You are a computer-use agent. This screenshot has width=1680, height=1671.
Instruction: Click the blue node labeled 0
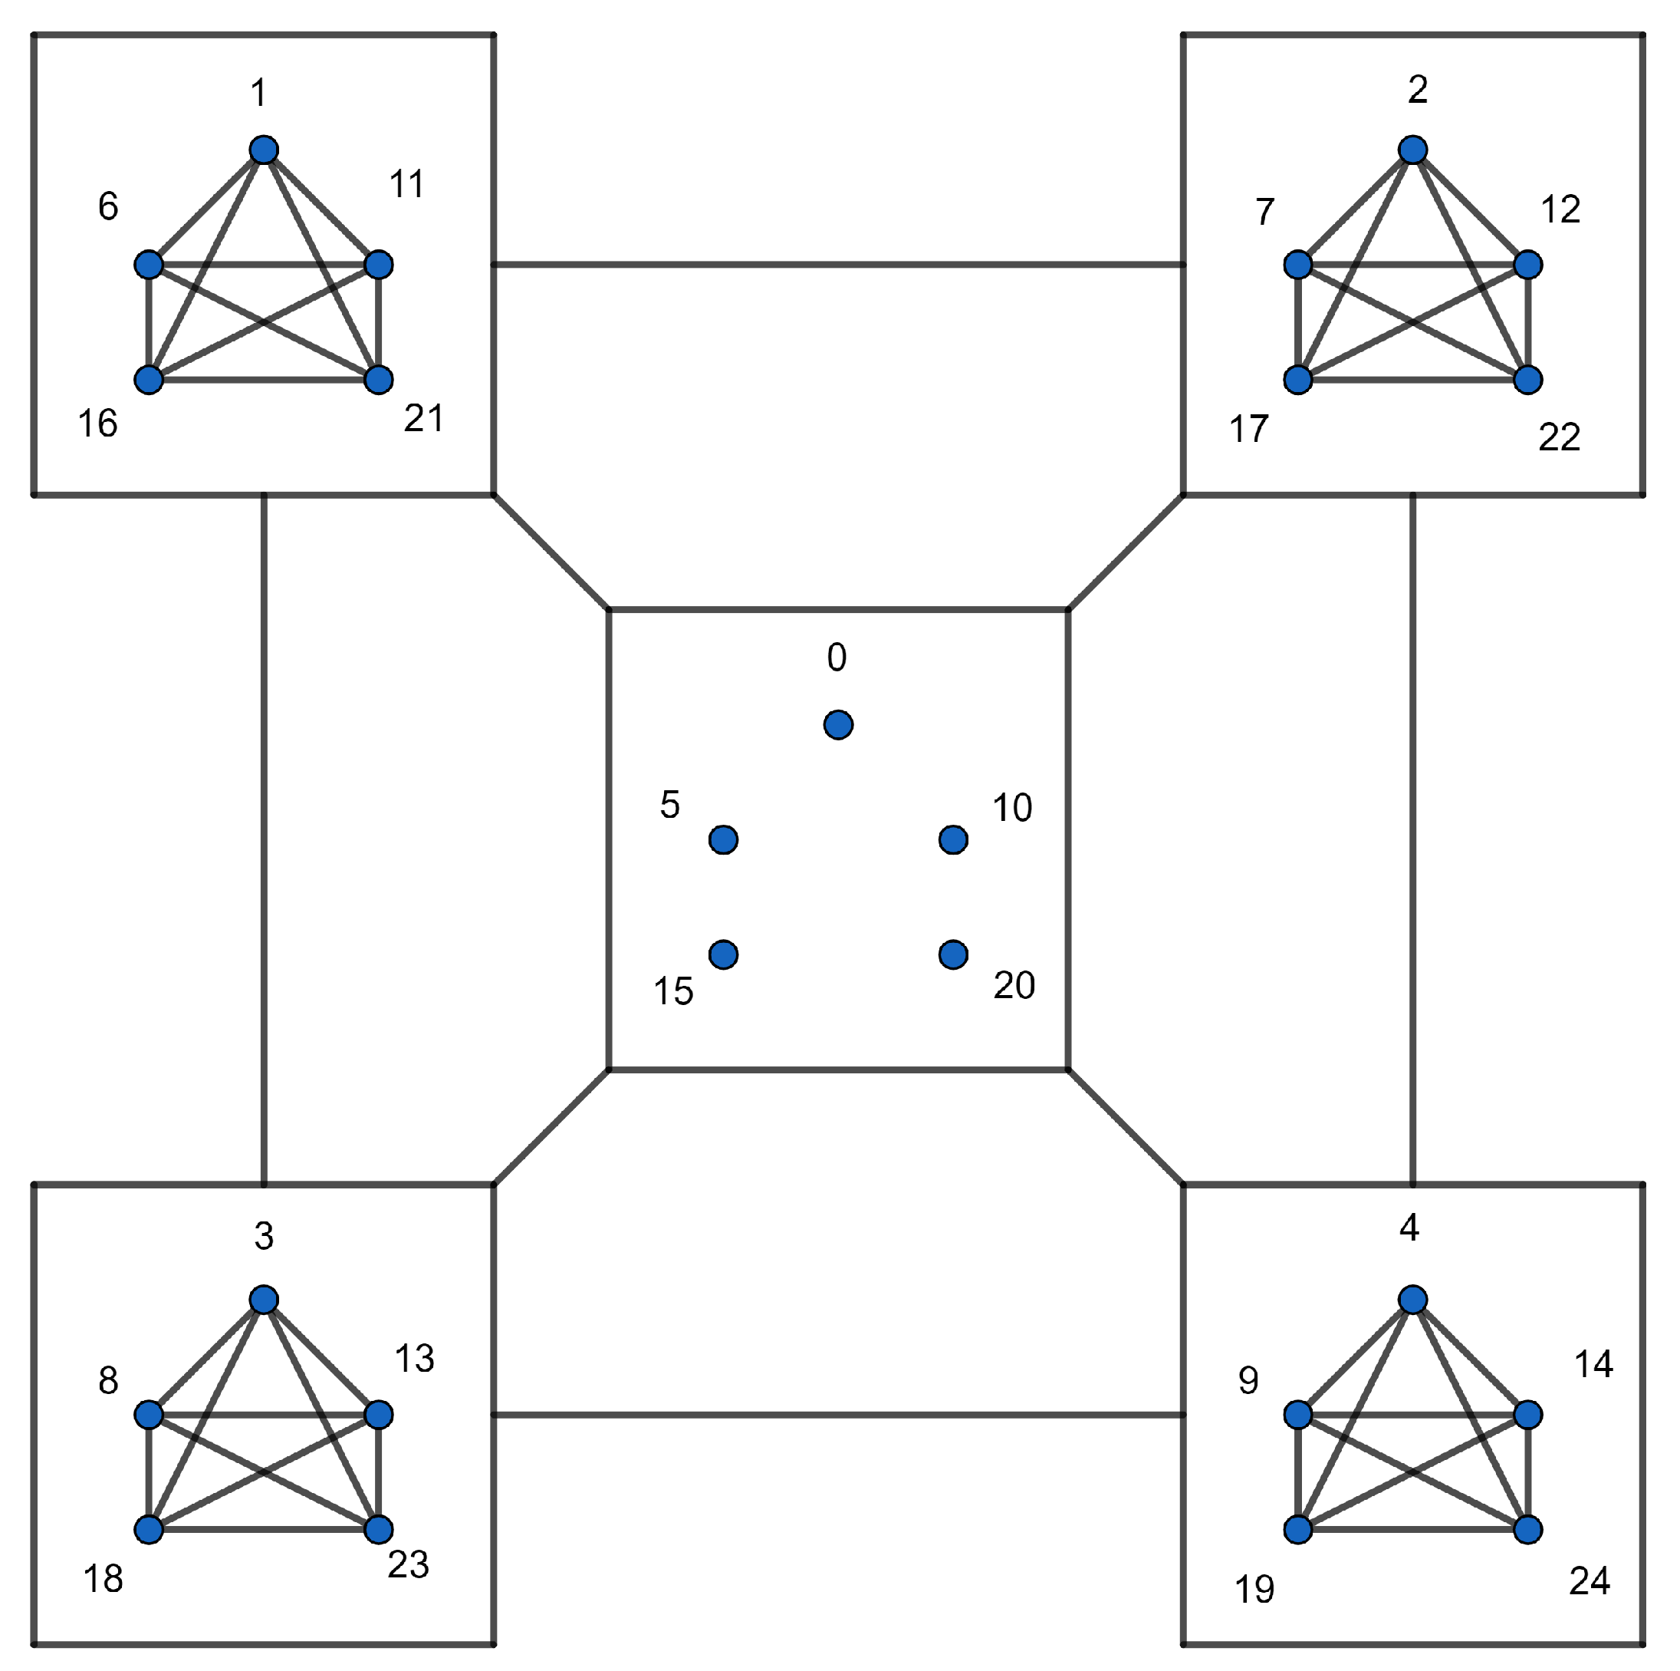coord(838,724)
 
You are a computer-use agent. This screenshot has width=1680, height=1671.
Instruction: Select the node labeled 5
coord(724,839)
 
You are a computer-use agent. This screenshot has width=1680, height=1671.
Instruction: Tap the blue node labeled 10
coord(953,839)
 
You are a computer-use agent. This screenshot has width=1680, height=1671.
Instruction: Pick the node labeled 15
coord(724,954)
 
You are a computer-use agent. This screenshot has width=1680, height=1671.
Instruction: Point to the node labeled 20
coord(953,954)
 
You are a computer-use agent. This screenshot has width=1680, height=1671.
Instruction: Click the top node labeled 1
coord(264,150)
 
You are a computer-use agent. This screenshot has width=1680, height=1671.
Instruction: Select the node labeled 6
coord(149,265)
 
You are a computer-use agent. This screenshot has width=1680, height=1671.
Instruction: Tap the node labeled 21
coord(378,379)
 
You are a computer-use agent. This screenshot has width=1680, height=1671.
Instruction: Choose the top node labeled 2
coord(1413,150)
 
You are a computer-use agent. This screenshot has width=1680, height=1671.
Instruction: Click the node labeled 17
coord(1298,379)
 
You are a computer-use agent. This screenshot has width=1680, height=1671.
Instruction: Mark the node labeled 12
coord(1528,265)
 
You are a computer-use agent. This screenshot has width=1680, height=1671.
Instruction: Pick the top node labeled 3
coord(264,1300)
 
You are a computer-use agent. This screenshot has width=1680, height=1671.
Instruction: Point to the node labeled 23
coord(378,1529)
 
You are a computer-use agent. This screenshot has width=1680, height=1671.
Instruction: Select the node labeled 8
coord(149,1415)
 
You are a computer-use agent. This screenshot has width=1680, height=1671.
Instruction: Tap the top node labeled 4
coord(1413,1300)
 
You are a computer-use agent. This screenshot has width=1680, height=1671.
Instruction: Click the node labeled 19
coord(1298,1529)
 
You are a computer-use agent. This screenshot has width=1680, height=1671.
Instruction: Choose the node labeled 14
coord(1528,1415)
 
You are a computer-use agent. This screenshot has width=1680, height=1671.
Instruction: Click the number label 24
coord(1589,1580)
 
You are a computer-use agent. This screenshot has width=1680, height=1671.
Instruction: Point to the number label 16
coord(97,424)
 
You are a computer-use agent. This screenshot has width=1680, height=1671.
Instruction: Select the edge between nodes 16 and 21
coord(264,379)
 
